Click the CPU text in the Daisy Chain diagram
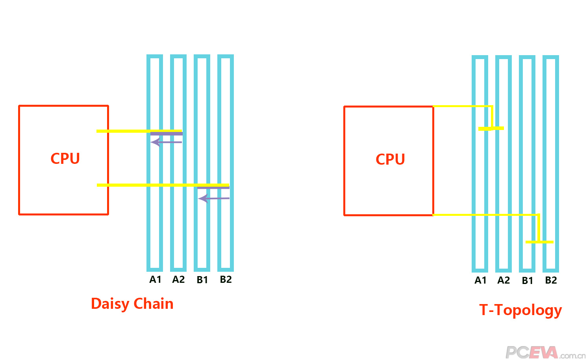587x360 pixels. (x=65, y=158)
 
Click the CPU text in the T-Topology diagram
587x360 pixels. (x=390, y=159)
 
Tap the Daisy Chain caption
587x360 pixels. (x=132, y=304)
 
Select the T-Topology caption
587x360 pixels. (x=520, y=310)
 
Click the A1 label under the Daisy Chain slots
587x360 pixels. (x=155, y=280)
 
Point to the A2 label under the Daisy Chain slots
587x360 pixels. (x=178, y=280)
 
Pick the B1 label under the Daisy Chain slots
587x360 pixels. (x=202, y=280)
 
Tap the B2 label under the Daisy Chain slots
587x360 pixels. (x=226, y=280)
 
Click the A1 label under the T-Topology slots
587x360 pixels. (x=480, y=280)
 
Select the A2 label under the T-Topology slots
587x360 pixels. (x=504, y=280)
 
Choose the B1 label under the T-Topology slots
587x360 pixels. (x=527, y=281)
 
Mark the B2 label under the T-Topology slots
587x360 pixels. (x=551, y=280)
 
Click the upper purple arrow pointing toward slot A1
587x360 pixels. (x=166, y=142)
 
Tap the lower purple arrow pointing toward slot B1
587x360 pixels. (x=213, y=198)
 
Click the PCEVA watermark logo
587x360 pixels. (x=545, y=352)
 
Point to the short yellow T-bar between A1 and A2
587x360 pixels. (x=491, y=128)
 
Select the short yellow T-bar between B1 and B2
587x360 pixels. (x=539, y=242)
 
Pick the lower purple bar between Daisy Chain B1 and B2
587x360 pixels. (x=213, y=188)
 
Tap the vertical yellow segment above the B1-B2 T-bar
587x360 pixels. (x=539, y=228)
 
